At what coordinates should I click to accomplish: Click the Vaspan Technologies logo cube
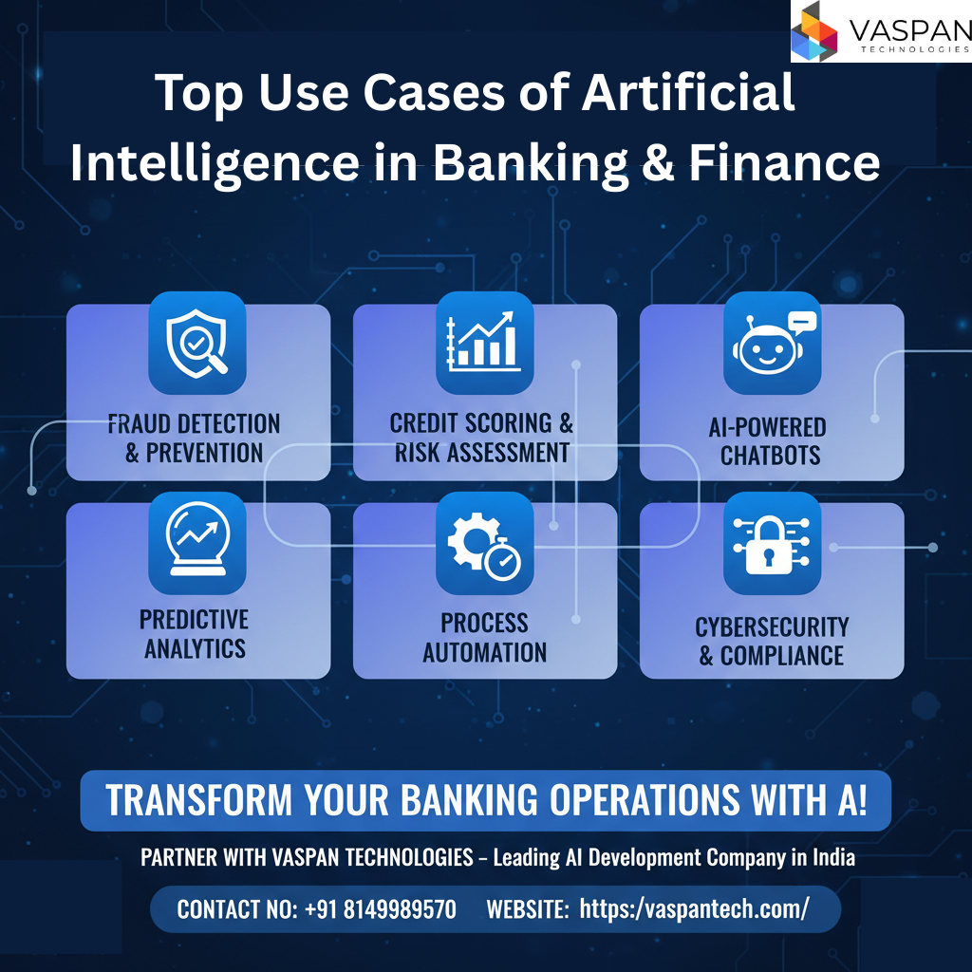click(x=814, y=31)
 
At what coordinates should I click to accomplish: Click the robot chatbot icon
click(x=773, y=343)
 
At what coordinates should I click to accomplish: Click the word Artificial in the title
click(x=688, y=92)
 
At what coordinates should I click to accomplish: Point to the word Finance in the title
click(x=784, y=163)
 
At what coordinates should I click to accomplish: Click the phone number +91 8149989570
click(x=381, y=909)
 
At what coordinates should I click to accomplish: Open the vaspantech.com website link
click(x=694, y=909)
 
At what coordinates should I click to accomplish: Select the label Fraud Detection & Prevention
click(x=194, y=439)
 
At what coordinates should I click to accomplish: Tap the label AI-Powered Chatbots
click(x=768, y=441)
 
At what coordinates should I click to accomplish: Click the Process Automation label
click(x=485, y=637)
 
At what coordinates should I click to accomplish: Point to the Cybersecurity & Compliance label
click(x=772, y=641)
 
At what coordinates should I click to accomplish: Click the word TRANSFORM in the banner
click(x=198, y=799)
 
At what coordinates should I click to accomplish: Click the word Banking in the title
click(x=530, y=164)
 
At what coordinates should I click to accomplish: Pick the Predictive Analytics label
click(x=195, y=634)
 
